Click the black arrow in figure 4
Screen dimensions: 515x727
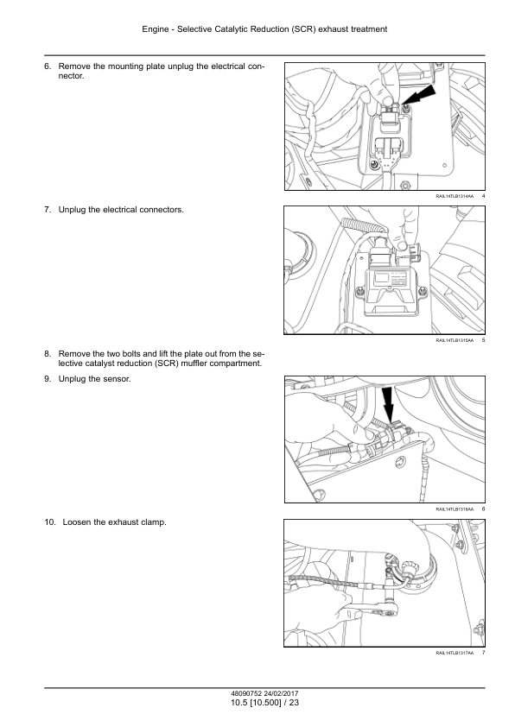[419, 97]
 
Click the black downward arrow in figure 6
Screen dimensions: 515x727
[388, 404]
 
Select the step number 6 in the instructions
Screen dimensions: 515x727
[48, 66]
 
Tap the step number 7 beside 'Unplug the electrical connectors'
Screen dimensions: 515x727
[48, 210]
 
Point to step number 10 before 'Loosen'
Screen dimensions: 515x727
[49, 522]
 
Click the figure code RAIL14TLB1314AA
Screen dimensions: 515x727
[455, 197]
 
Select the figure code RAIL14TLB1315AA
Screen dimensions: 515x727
[455, 341]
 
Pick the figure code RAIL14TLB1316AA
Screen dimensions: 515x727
[455, 509]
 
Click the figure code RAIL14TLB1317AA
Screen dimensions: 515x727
[455, 654]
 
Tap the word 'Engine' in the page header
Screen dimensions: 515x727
[156, 29]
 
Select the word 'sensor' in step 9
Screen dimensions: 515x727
[118, 379]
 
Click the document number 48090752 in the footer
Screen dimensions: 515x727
[246, 694]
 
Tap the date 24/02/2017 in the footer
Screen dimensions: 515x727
[282, 694]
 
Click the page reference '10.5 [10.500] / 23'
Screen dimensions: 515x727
[265, 703]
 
